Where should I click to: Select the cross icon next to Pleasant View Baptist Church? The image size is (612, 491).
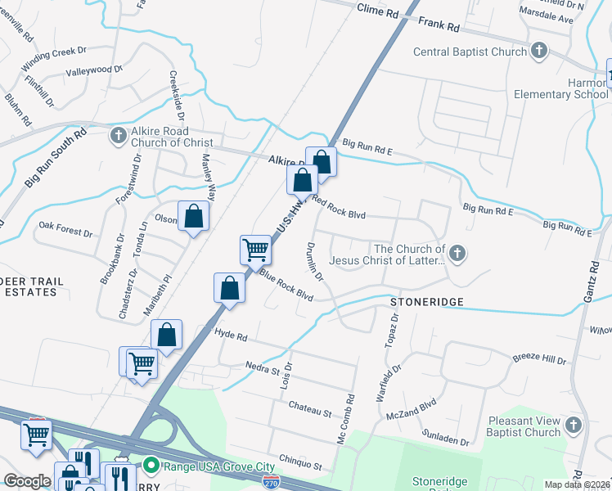573,426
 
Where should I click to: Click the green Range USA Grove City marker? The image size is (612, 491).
151,466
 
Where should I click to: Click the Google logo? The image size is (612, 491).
27,481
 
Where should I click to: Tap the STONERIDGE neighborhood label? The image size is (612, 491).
426,302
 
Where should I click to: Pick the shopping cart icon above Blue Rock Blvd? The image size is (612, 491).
256,249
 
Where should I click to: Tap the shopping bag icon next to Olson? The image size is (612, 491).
194,217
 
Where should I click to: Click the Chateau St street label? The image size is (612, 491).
309,408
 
